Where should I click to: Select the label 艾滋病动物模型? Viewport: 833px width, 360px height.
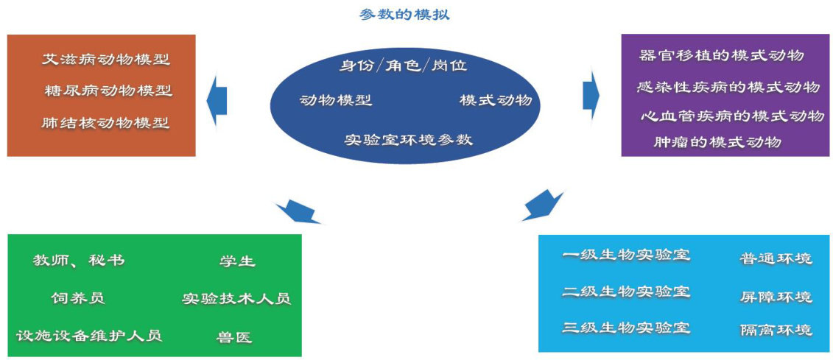106,60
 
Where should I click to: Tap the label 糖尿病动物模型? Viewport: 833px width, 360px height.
108,91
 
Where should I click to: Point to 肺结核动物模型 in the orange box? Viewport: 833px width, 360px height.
106,123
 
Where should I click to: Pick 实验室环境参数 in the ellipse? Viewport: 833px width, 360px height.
408,139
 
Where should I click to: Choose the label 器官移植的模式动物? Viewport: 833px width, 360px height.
722,56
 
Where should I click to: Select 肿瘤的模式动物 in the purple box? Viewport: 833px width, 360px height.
717,142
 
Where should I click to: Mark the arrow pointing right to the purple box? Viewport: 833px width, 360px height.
591,93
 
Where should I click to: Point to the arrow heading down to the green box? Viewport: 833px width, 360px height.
297,212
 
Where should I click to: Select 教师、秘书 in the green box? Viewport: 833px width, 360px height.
79,261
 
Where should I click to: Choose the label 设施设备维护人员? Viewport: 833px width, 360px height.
89,336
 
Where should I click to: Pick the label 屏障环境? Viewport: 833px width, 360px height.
776,297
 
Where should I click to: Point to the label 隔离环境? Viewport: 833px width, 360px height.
776,330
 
